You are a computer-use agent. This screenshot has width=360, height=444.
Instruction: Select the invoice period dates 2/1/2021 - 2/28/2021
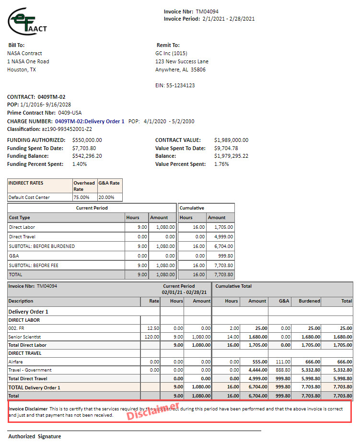[x=228, y=19]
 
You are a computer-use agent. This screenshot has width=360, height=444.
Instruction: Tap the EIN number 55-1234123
[x=181, y=85]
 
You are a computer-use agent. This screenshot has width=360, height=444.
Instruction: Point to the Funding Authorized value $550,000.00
[x=87, y=140]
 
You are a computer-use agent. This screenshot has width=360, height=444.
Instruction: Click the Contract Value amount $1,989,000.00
[x=232, y=140]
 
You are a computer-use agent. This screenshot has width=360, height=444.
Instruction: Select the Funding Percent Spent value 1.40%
[x=80, y=164]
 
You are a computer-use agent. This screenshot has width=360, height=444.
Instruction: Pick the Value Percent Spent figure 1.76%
[x=221, y=164]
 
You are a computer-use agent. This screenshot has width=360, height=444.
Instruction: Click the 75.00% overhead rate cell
[x=81, y=197]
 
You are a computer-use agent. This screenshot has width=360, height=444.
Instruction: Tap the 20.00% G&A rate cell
[x=106, y=197]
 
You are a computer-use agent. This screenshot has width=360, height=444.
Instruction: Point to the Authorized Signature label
[x=35, y=436]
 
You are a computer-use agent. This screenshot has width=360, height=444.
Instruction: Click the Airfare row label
[x=16, y=362]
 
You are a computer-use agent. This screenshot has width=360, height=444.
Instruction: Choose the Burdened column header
[x=309, y=301]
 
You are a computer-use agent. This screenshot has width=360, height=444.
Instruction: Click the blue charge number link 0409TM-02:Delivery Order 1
[x=90, y=121]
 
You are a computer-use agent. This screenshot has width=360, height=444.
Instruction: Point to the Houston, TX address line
[x=22, y=70]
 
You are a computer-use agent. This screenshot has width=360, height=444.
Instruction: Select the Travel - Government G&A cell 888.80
[x=283, y=370]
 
